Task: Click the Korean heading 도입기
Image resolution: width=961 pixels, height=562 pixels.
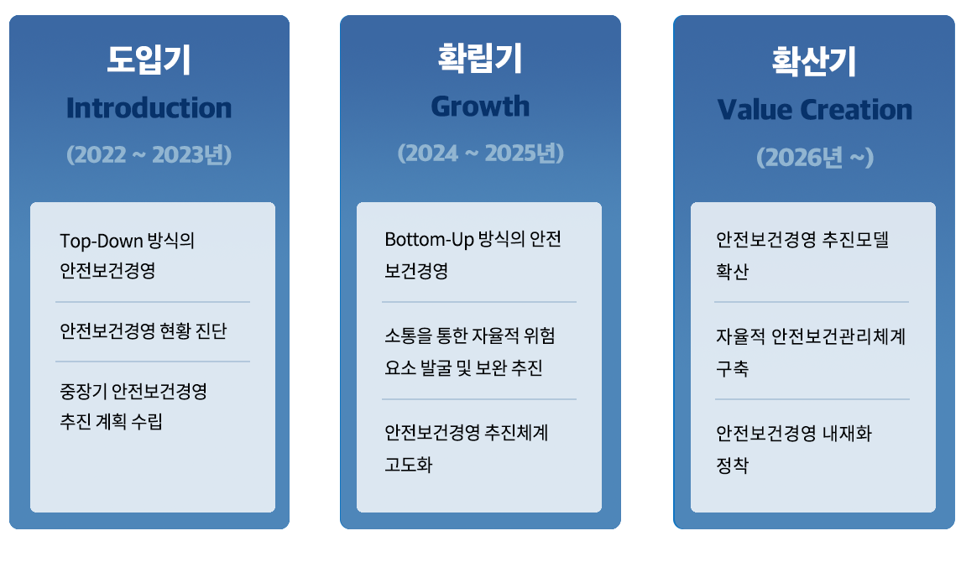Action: [149, 60]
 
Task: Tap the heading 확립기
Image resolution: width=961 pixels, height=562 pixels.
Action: [480, 58]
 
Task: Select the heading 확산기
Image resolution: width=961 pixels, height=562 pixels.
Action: [814, 61]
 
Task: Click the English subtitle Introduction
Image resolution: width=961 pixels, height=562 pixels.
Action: [149, 107]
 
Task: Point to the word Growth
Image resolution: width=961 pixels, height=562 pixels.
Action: [480, 107]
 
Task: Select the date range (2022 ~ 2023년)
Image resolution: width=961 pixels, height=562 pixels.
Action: [149, 154]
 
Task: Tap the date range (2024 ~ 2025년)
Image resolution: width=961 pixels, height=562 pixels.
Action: [480, 153]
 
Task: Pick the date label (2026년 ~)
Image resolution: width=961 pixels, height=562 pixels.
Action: [814, 158]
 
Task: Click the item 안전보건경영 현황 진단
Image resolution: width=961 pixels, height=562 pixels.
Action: [144, 331]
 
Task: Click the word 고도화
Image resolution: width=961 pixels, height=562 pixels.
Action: [409, 465]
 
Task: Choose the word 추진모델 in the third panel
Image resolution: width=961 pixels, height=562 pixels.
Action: [855, 239]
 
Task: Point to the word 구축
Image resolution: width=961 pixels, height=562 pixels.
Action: [733, 368]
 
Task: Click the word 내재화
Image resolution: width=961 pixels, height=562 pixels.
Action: [846, 434]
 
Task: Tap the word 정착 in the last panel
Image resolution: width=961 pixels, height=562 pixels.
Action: [733, 466]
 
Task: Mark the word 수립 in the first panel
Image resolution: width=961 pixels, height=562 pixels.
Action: [147, 421]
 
